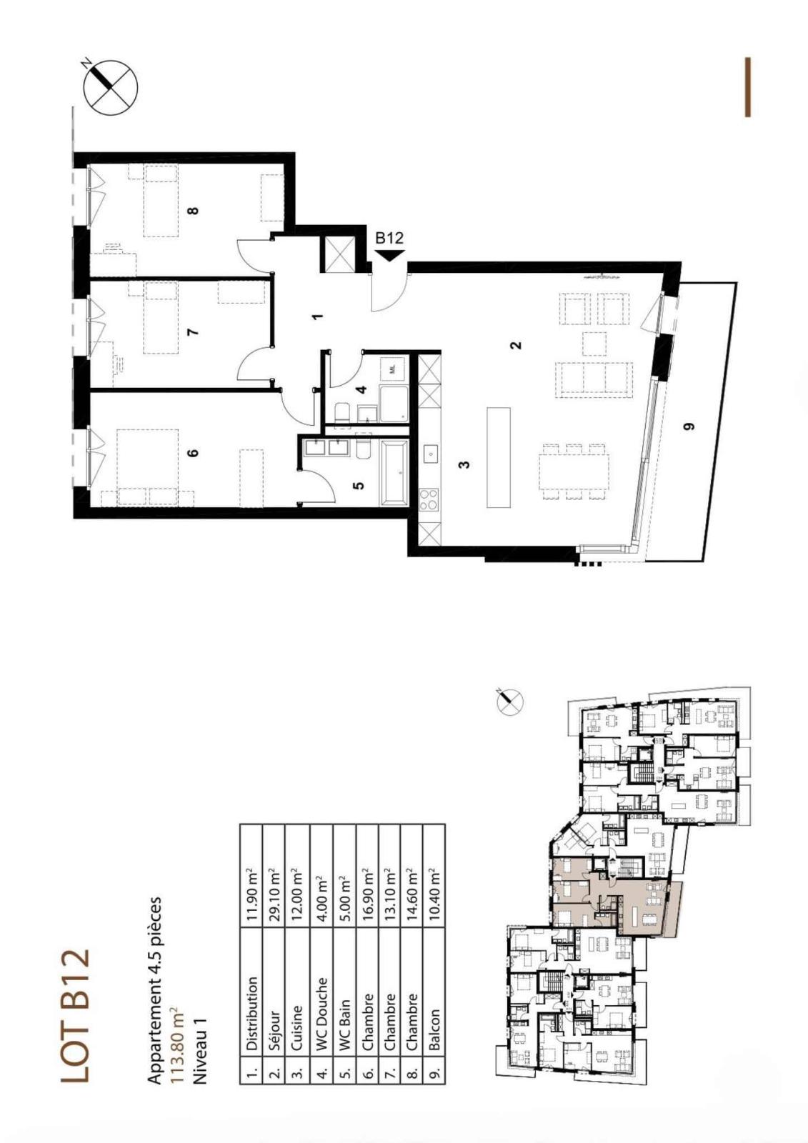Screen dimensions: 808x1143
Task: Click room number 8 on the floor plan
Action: point(192,210)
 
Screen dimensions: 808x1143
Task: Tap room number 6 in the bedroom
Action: point(192,453)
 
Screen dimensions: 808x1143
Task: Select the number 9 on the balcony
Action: point(689,426)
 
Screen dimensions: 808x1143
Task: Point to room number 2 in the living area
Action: point(517,345)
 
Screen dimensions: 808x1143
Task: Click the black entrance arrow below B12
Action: point(390,255)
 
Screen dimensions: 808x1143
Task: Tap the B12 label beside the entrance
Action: point(389,238)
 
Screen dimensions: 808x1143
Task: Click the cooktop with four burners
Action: point(429,499)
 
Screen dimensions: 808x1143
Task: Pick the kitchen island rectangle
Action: point(499,457)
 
